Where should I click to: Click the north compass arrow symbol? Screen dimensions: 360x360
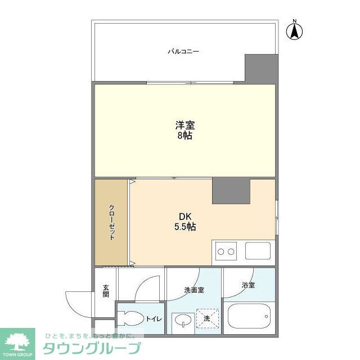[294, 31]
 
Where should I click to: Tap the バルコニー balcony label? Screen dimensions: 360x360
[183, 51]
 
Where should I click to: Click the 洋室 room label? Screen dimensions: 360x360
[185, 125]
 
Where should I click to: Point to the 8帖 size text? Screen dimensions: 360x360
[184, 136]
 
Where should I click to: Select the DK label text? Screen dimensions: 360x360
[185, 217]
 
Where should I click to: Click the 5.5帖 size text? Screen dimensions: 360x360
[185, 227]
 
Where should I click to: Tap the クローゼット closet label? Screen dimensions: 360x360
[112, 222]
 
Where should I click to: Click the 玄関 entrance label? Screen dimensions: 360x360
[106, 291]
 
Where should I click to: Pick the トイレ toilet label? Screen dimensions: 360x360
[154, 319]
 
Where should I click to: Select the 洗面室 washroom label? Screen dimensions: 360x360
[194, 290]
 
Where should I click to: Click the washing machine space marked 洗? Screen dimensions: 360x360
[208, 318]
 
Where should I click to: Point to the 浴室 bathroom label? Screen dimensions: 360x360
[248, 285]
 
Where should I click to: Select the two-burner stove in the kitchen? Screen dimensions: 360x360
[226, 251]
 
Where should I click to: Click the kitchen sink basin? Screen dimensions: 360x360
[258, 251]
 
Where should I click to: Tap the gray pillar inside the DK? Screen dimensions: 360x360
[231, 191]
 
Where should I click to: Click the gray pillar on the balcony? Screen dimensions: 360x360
[262, 69]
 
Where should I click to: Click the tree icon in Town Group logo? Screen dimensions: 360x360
[17, 341]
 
